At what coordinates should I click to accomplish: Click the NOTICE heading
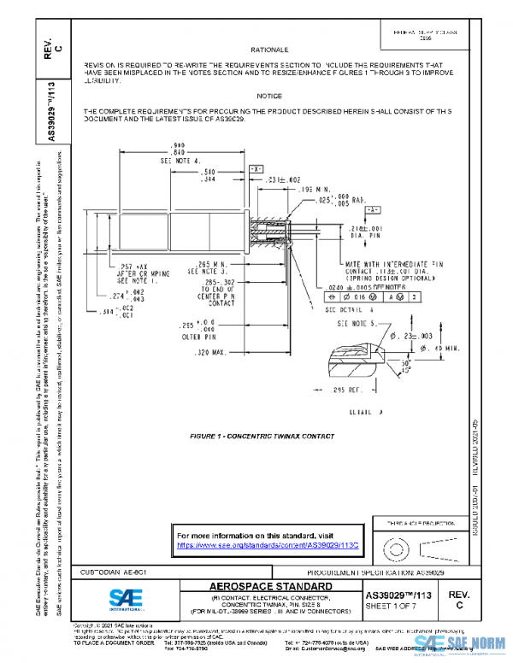point(269,97)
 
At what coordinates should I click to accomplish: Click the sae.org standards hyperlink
point(266,544)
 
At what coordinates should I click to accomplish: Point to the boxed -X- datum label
point(256,170)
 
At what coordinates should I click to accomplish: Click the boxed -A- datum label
point(373,209)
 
